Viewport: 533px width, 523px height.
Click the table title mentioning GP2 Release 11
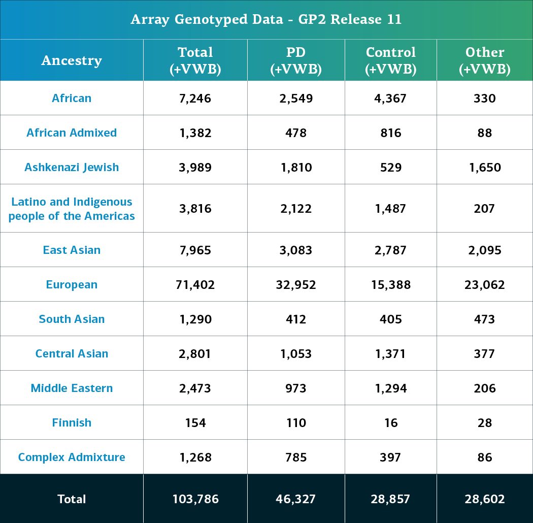266,20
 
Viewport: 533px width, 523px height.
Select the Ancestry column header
72,60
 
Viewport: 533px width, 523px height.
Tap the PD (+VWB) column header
296,60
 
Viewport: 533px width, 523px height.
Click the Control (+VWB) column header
390,60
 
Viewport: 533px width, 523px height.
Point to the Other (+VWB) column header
484,60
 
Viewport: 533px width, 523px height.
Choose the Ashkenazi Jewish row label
72,167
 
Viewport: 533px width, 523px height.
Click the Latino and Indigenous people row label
72,209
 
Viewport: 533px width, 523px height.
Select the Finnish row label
72,422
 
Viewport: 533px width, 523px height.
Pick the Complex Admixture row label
72,457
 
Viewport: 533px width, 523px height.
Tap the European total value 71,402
195,284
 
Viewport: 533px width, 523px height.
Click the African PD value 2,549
296,98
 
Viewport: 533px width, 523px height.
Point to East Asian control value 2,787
390,250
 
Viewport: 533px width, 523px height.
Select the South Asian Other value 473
484,319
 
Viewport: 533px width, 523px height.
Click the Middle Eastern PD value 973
296,388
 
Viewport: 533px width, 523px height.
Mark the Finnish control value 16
390,422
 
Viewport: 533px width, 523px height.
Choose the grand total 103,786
195,499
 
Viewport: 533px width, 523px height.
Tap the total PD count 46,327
296,499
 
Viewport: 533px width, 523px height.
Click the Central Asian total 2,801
195,353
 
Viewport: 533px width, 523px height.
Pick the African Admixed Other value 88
484,133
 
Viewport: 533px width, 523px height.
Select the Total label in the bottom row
72,499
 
